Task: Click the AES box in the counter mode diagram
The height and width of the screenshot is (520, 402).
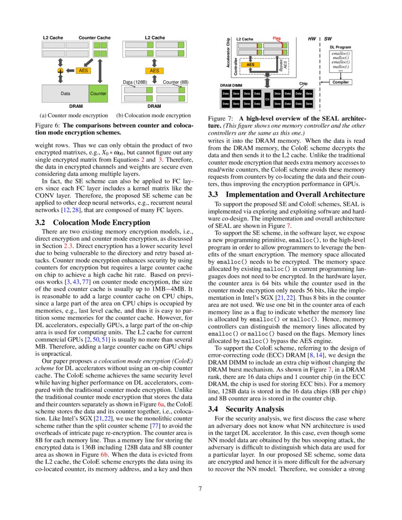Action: [83, 70]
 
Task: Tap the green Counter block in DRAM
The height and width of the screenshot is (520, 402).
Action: [98, 94]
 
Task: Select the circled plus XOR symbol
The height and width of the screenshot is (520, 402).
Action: [60, 70]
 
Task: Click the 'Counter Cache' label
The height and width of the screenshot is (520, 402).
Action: [94, 37]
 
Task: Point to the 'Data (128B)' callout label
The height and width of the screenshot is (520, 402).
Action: [135, 82]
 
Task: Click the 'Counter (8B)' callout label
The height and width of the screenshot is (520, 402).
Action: [175, 82]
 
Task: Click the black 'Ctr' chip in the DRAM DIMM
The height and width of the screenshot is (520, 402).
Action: [267, 99]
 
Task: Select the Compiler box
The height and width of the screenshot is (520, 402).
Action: [341, 82]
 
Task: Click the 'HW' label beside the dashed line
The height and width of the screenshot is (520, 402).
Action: [312, 38]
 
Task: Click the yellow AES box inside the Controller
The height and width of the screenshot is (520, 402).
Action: [251, 64]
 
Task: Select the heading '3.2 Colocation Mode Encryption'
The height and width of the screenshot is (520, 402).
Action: [93, 223]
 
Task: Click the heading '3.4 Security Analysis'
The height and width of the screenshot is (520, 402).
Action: [252, 409]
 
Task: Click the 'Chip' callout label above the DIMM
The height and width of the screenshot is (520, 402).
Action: [303, 84]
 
